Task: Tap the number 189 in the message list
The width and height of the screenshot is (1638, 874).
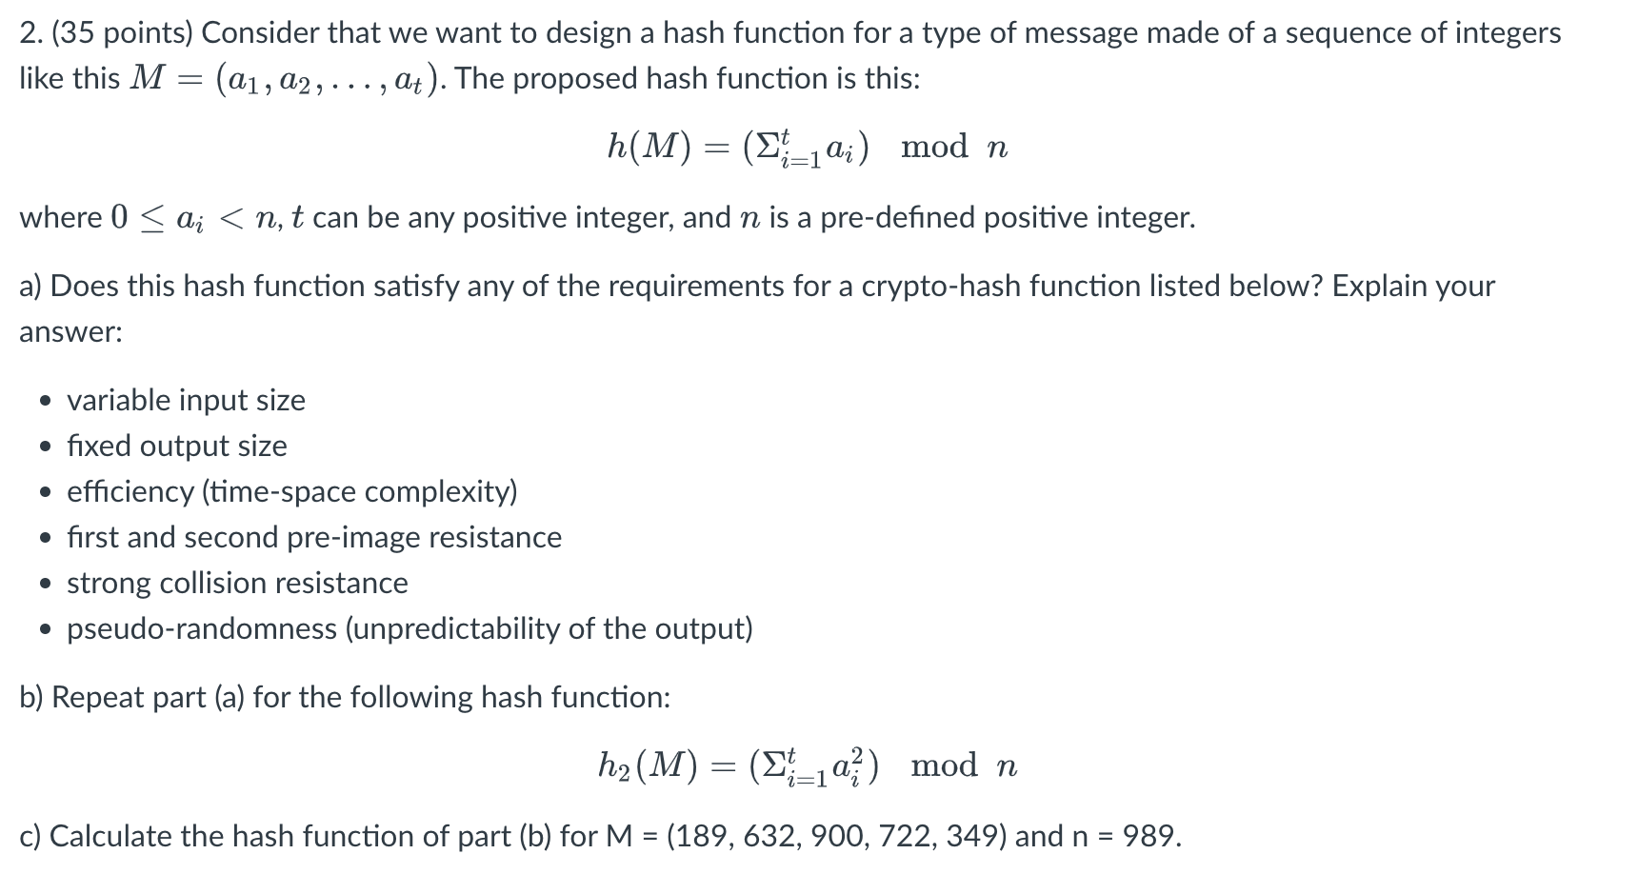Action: (701, 836)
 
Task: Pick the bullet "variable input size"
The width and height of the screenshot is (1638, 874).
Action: (186, 400)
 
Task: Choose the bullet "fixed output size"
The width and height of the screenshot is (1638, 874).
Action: (176, 446)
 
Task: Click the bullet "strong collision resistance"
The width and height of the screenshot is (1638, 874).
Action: (237, 583)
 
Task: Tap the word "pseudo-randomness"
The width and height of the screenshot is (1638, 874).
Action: (202, 628)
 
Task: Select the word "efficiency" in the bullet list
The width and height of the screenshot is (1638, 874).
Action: (130, 491)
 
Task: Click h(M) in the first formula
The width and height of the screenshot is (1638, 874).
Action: (649, 147)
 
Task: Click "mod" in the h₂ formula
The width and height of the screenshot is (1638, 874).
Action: (944, 765)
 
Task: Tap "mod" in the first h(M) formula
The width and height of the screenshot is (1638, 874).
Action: (934, 147)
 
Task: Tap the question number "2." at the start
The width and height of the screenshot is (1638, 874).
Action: (30, 33)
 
